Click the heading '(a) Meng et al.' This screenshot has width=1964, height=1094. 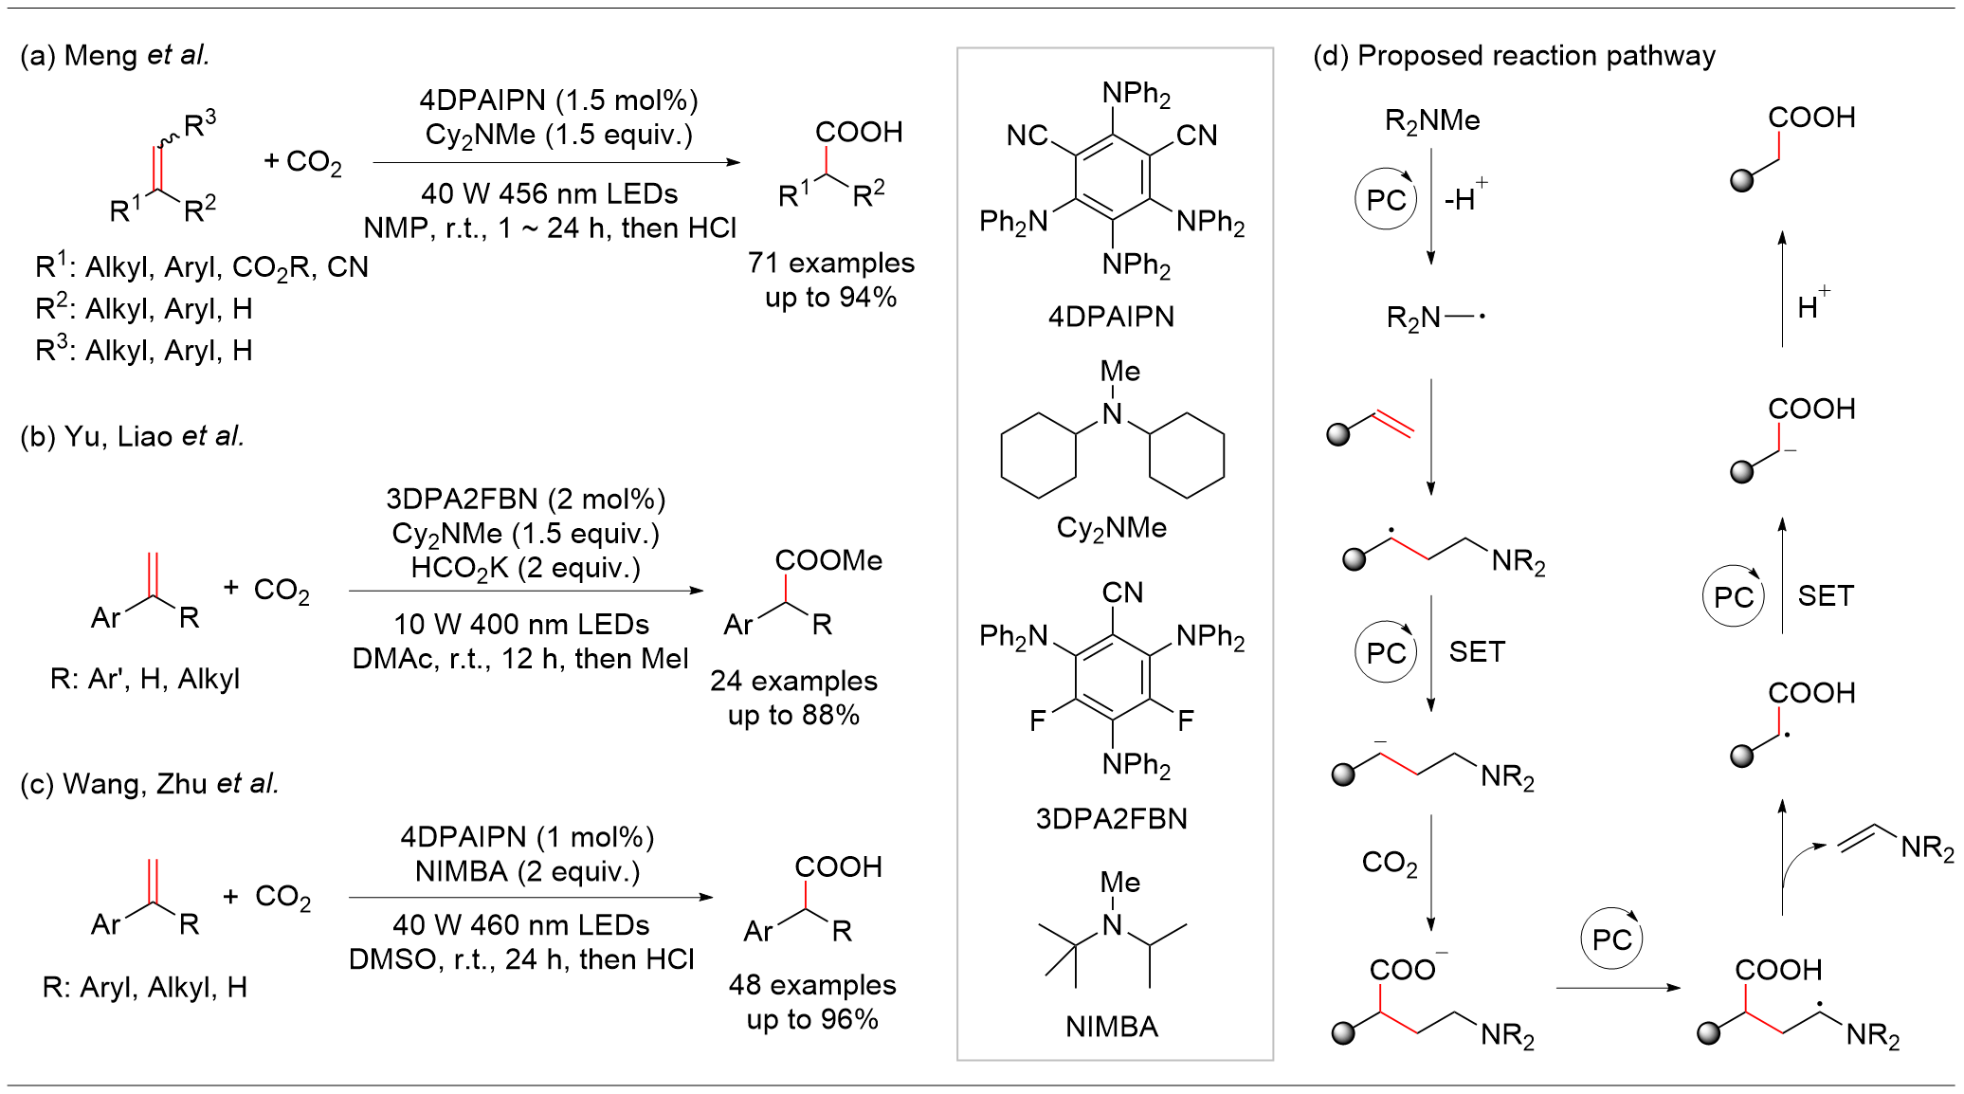(115, 56)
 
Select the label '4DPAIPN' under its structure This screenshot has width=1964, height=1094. (1111, 317)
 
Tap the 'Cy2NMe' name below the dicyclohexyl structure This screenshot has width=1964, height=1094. (1111, 528)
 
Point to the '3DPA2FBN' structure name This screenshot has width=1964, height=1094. (1111, 818)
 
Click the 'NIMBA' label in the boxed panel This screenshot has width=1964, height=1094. (1111, 1027)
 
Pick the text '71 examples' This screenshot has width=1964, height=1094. (830, 263)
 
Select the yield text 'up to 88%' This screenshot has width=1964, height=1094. (793, 715)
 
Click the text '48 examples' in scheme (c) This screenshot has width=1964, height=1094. (812, 985)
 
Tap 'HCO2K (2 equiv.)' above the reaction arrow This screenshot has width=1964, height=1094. (525, 568)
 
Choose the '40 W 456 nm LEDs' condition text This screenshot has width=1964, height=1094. (550, 194)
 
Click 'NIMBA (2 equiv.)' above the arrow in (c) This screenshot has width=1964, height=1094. (527, 871)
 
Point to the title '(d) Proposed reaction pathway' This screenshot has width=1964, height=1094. (1514, 56)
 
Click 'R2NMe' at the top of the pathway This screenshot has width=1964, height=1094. (1431, 121)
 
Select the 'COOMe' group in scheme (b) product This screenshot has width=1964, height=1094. (828, 560)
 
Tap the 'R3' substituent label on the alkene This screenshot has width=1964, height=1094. (200, 123)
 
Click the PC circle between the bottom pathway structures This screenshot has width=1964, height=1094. (1611, 939)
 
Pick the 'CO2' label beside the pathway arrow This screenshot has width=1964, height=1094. (1389, 863)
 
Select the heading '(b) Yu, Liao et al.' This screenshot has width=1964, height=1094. (132, 436)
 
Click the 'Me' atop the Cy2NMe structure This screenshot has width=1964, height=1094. (1119, 372)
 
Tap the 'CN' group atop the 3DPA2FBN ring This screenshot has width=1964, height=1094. (1122, 593)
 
